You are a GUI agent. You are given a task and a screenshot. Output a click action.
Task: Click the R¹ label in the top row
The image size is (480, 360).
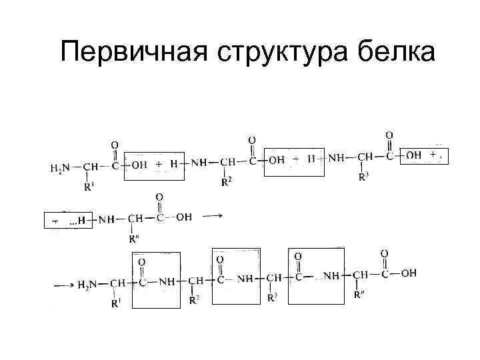89,187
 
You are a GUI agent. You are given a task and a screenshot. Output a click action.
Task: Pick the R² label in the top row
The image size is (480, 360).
227,181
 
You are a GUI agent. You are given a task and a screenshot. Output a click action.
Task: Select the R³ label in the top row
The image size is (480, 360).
363,177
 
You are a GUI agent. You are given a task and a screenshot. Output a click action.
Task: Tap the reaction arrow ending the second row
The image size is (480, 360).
211,216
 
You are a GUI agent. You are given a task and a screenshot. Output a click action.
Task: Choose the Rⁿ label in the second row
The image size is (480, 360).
135,239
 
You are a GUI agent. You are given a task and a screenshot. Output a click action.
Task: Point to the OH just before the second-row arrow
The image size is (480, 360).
183,217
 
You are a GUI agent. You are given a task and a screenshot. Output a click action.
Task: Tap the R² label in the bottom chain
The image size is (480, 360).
194,301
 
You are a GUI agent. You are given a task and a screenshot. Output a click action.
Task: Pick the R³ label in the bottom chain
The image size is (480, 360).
271,298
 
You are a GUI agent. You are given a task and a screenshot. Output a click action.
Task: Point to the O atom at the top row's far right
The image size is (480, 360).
389,136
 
